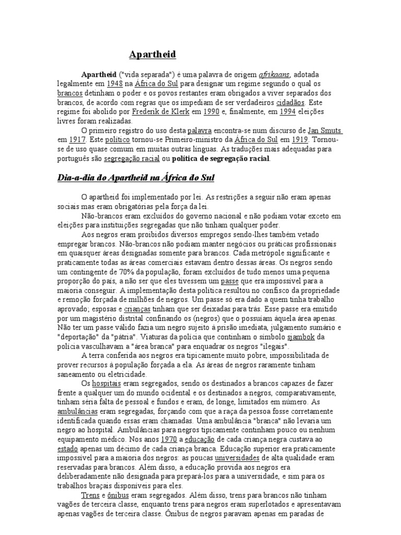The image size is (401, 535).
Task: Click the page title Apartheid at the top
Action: pos(153,54)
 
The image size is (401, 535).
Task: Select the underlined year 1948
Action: pos(114,83)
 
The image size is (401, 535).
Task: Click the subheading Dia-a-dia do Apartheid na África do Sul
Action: pos(136,178)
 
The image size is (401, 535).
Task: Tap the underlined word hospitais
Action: pos(106,383)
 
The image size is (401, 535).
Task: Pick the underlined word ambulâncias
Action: pos(77,411)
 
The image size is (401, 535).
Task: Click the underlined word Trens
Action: pos(91,495)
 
